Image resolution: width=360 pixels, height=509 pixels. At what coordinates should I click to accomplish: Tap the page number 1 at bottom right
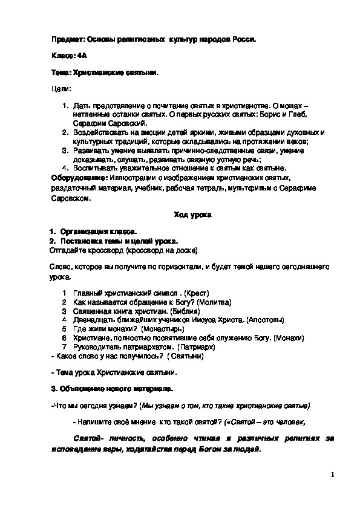point(333,475)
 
